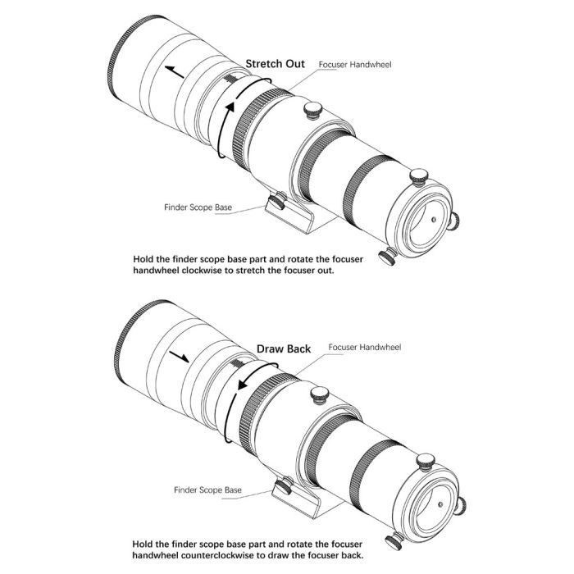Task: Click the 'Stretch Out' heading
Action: click(275, 64)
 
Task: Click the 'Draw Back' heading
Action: click(283, 348)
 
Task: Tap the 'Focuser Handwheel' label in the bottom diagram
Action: click(364, 348)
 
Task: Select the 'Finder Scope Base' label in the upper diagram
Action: click(198, 207)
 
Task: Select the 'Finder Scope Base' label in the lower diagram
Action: click(207, 490)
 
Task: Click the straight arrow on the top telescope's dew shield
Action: click(175, 71)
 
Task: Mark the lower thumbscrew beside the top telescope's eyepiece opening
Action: click(385, 257)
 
